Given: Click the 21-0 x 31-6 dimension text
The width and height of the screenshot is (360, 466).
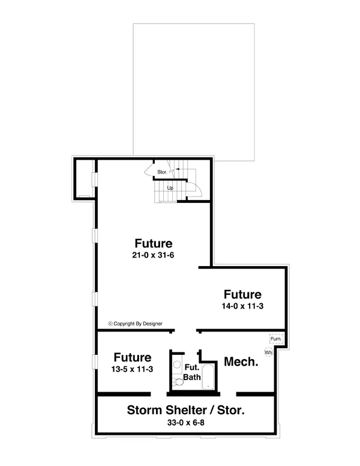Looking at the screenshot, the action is coord(153,255).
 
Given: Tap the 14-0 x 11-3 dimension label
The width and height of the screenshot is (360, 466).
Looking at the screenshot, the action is coord(242,306).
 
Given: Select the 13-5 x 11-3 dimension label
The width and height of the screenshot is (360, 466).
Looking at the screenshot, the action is coord(132,369).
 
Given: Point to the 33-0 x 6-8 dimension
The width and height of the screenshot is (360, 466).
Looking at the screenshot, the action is coord(185,422).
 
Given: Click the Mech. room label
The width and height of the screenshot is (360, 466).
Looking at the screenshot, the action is coord(241,362).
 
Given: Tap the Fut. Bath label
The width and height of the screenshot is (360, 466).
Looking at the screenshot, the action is coord(192,372).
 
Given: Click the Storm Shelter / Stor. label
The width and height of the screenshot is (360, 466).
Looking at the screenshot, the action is coord(185,410).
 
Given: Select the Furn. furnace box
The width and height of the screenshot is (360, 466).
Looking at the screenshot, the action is coord(276,339).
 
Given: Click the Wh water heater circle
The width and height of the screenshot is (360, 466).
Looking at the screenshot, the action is coord(268,353).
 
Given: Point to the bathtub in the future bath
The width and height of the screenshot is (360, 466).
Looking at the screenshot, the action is coord(208,377).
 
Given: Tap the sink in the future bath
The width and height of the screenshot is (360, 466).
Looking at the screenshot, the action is coord(178,365).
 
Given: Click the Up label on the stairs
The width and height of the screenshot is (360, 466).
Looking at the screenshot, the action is coord(170,188).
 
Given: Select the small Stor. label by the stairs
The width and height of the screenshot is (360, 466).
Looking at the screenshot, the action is coord(162,172).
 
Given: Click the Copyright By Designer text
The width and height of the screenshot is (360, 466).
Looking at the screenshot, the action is coord(135,324).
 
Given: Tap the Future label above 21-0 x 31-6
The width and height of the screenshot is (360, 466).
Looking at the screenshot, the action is coord(153,243).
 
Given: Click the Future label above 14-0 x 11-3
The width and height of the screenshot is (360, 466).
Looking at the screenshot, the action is coord(242,294).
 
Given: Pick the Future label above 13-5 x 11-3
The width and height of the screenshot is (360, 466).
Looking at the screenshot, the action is coord(133,357).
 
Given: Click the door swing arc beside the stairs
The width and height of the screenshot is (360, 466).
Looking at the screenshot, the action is coord(194,189).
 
